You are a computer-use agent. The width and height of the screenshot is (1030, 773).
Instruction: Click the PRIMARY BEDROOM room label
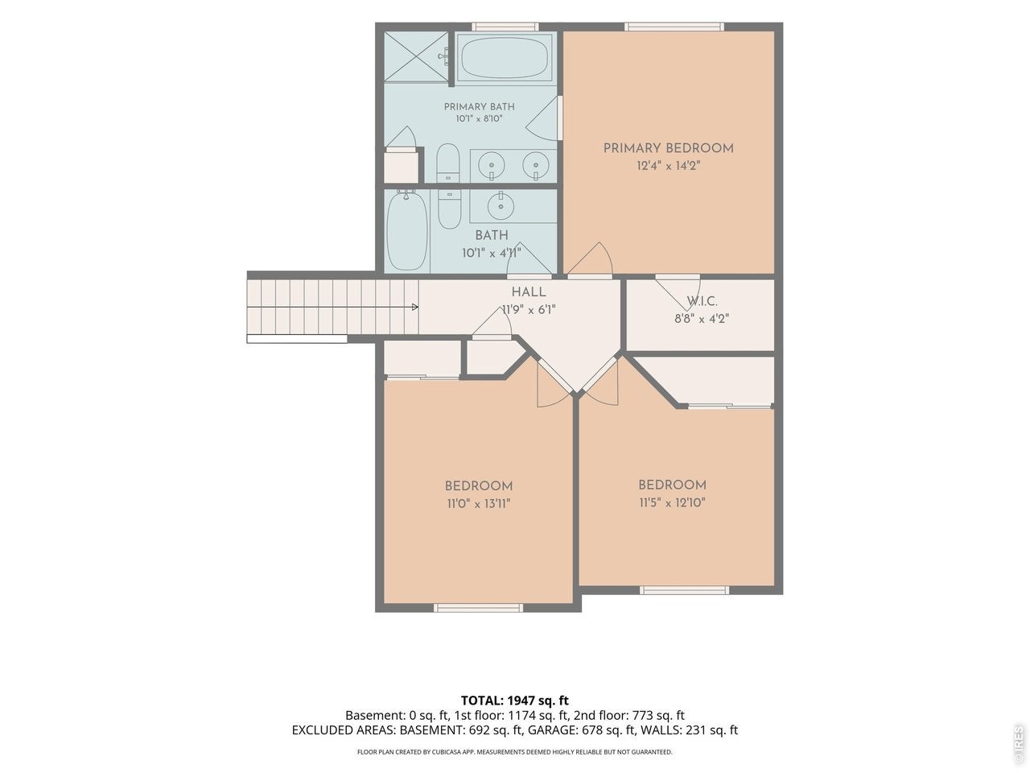click(668, 148)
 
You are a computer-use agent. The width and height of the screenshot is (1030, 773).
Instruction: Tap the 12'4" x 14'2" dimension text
click(668, 166)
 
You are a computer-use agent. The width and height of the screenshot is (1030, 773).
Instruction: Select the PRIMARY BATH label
click(479, 106)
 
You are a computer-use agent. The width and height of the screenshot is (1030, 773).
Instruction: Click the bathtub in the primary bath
click(505, 58)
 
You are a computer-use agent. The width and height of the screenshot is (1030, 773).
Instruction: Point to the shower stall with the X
click(416, 57)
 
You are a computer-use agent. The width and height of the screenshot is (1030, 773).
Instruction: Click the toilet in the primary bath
click(447, 163)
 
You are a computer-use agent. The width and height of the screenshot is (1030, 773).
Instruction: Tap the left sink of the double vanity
click(492, 166)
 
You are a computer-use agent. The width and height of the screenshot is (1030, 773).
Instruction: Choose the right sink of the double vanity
click(536, 166)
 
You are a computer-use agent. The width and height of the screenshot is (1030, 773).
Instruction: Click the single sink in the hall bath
click(501, 205)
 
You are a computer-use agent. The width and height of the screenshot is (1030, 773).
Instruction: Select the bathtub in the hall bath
click(407, 230)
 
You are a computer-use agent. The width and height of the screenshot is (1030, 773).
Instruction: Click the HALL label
click(529, 292)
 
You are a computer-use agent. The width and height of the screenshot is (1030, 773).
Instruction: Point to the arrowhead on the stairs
click(414, 307)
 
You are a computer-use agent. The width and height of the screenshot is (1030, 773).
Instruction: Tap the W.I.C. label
click(702, 301)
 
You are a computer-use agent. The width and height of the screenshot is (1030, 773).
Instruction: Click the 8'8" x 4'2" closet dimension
click(702, 319)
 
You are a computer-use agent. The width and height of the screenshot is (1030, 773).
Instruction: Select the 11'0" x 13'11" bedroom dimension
click(479, 503)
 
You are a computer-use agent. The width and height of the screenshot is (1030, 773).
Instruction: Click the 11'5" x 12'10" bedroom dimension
click(673, 502)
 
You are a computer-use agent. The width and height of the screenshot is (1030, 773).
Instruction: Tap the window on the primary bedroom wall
click(674, 27)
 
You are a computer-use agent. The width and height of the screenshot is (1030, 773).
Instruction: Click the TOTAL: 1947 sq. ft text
click(515, 701)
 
